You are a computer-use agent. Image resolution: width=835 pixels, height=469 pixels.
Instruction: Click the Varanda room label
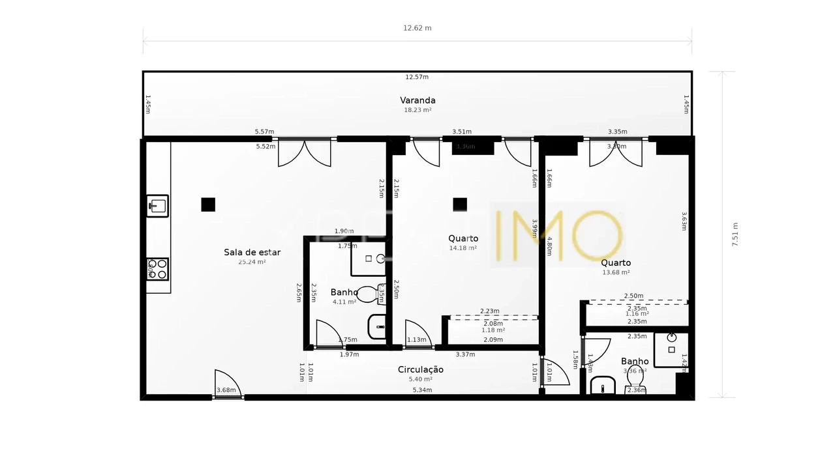coord(417,100)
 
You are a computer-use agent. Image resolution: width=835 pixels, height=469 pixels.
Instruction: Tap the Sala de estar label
coord(252,252)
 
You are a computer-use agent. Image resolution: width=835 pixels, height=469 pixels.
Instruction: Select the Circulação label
coord(421,369)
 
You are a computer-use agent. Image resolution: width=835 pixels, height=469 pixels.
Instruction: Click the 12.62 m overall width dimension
coord(417,28)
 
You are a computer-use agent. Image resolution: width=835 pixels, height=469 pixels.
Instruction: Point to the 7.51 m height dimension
coord(735,234)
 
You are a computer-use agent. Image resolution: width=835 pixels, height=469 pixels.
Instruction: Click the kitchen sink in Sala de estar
coord(157,206)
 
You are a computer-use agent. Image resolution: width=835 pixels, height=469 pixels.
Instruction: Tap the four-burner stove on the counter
coord(157,269)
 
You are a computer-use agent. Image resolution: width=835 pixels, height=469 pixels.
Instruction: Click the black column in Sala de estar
coord(208,205)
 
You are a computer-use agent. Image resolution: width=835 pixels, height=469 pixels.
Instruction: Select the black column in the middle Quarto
coord(460,205)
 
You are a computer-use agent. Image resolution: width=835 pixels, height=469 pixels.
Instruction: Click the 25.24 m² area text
coord(252,262)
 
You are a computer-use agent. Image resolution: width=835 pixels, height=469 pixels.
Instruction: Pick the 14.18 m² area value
coord(463,248)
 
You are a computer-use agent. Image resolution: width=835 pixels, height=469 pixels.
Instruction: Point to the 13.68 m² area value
coord(616,272)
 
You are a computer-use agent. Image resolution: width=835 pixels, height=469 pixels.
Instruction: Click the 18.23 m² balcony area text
coord(417,110)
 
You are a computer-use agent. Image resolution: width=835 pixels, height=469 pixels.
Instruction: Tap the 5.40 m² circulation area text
coord(421,379)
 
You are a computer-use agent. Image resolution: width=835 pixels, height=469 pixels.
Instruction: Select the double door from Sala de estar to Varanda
coord(304,152)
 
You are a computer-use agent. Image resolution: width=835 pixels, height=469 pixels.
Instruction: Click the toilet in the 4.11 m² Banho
coord(369,294)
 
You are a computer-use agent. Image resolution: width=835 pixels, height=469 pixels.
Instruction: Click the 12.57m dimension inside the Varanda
coord(417,77)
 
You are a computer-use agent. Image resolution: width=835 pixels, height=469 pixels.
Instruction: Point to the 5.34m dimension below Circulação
coord(422,390)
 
